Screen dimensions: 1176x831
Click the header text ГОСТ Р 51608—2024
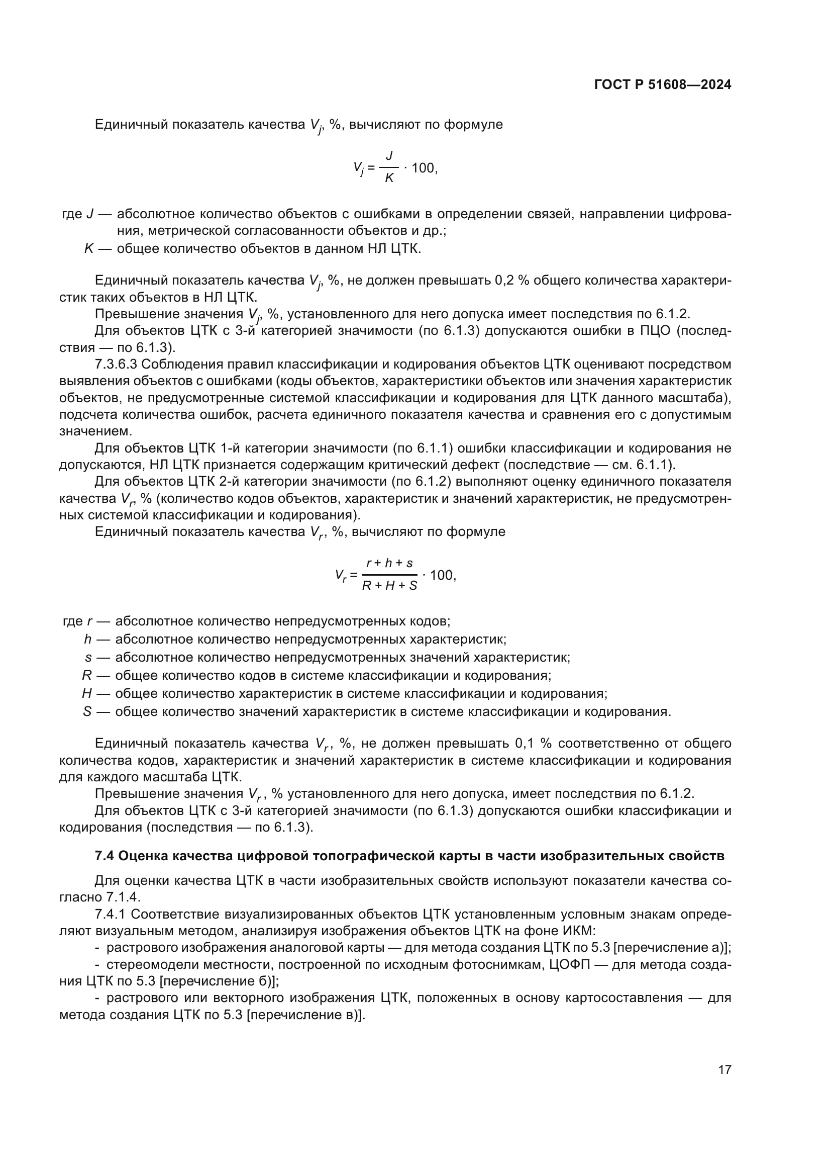pos(663,85)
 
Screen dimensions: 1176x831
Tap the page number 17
pos(724,1069)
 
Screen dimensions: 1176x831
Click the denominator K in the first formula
pos(389,179)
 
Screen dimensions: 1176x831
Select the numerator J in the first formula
pos(389,155)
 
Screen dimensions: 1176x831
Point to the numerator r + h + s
pos(389,564)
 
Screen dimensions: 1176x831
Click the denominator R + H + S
pos(389,586)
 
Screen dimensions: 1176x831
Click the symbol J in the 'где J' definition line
pos(89,214)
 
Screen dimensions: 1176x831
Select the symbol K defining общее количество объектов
pos(88,249)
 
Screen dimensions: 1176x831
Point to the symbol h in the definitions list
pos(88,640)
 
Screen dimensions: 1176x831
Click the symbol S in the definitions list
pos(87,712)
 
